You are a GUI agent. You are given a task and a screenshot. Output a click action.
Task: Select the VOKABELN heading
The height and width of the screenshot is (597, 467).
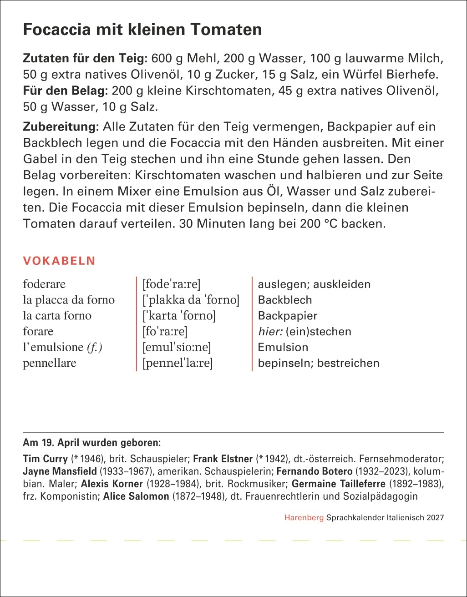pyautogui.click(x=59, y=261)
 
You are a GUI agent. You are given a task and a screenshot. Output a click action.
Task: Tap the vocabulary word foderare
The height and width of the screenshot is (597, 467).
pyautogui.click(x=44, y=284)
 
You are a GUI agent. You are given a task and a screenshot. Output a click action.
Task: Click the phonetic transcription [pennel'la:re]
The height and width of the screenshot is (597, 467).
pyautogui.click(x=178, y=363)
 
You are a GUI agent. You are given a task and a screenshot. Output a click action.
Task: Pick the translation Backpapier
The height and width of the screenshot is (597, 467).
pyautogui.click(x=287, y=316)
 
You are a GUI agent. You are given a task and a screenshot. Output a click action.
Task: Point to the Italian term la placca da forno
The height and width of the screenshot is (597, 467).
pyautogui.click(x=69, y=300)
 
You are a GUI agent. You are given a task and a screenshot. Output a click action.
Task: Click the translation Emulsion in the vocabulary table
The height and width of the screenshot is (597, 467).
pyautogui.click(x=283, y=347)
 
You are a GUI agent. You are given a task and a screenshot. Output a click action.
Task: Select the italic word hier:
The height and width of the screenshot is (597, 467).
pyautogui.click(x=269, y=331)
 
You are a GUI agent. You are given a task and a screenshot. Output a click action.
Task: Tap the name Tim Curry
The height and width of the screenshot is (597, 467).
pyautogui.click(x=45, y=458)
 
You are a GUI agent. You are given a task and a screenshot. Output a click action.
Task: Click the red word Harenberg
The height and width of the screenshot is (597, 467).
pyautogui.click(x=304, y=517)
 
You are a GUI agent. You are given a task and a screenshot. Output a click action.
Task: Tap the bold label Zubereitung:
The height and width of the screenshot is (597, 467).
pyautogui.click(x=61, y=126)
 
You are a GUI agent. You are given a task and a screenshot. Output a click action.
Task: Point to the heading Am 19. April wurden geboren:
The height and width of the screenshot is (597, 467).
pyautogui.click(x=91, y=442)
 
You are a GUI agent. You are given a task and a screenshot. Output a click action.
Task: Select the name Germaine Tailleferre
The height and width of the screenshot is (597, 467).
pyautogui.click(x=338, y=484)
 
